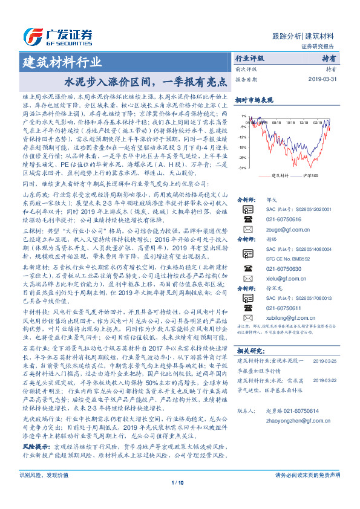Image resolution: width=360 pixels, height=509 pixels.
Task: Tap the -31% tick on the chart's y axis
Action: click(x=242, y=167)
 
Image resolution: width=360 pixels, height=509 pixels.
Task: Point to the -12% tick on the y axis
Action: click(x=242, y=137)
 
